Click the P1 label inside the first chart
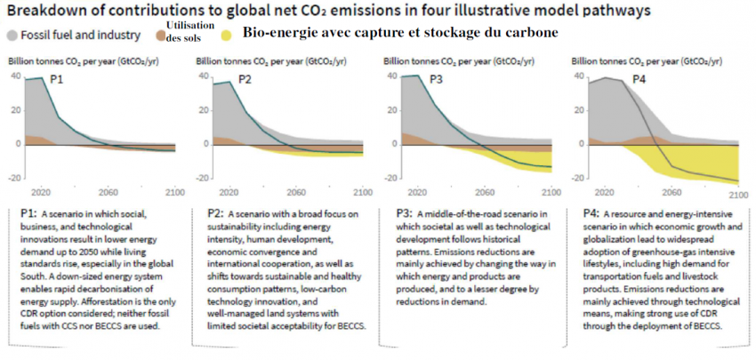(x=56, y=80)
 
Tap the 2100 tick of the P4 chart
(x=737, y=192)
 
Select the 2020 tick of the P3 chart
(x=414, y=192)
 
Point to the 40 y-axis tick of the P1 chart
(x=15, y=76)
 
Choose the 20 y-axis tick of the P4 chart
(x=580, y=110)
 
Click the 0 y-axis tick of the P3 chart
(x=395, y=143)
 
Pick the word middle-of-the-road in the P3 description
(x=472, y=215)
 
